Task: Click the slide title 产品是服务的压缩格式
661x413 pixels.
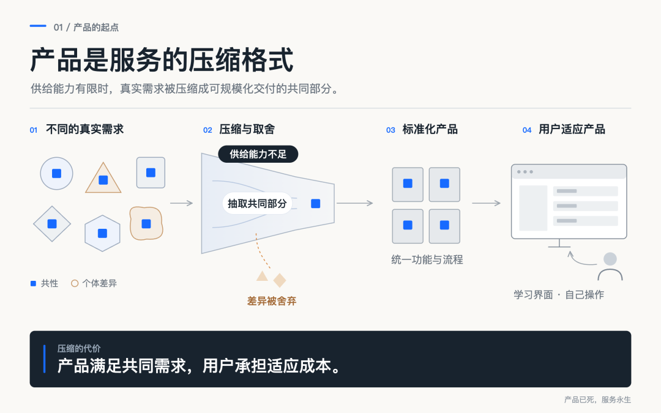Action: coord(162,60)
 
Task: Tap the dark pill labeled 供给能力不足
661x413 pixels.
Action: coord(258,154)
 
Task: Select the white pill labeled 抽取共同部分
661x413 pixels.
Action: coord(257,204)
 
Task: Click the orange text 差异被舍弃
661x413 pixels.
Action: coord(272,301)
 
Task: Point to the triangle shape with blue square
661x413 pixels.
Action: coord(103,179)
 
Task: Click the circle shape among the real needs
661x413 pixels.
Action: coord(56,173)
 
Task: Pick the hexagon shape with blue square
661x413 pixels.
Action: coord(102,233)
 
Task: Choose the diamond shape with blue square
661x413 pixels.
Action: coord(52,224)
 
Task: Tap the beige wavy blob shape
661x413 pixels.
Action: coord(146,223)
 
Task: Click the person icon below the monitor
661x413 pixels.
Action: coord(610,266)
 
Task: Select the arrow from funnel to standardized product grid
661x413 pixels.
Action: coord(355,203)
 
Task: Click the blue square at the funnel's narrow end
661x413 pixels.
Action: coord(315,204)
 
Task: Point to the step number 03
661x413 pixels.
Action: coord(390,130)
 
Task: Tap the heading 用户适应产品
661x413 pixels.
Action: coord(572,129)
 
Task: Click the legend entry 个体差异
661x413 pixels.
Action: coord(94,283)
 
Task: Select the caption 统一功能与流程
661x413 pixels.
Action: coord(427,259)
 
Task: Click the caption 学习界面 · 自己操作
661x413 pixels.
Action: coord(559,294)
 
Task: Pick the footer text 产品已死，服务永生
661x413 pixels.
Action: coord(597,400)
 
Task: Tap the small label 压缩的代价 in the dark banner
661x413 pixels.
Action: coord(79,349)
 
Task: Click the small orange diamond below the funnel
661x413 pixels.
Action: coord(280,280)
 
